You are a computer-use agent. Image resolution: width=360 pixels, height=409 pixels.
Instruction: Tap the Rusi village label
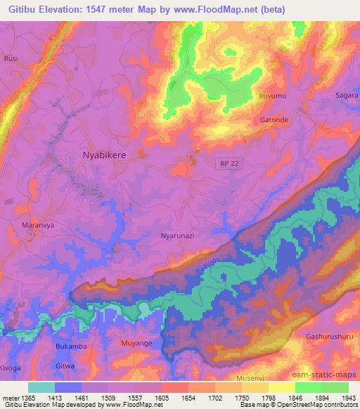tap(11, 59)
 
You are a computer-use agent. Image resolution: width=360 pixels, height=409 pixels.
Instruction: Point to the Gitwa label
tap(65, 367)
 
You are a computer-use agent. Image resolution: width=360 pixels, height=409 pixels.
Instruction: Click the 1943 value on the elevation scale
tap(347, 397)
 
